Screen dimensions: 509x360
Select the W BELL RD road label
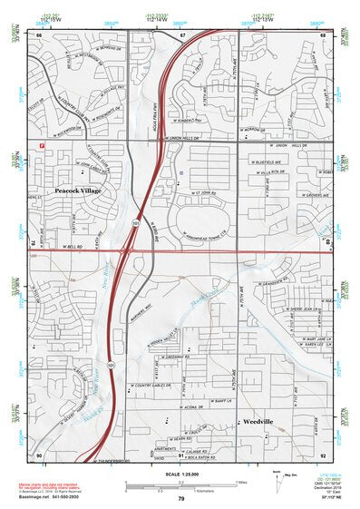point(71,247)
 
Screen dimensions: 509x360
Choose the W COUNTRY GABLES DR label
point(152,385)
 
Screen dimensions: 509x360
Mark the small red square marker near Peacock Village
point(41,145)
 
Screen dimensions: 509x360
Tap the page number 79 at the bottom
point(180,499)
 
